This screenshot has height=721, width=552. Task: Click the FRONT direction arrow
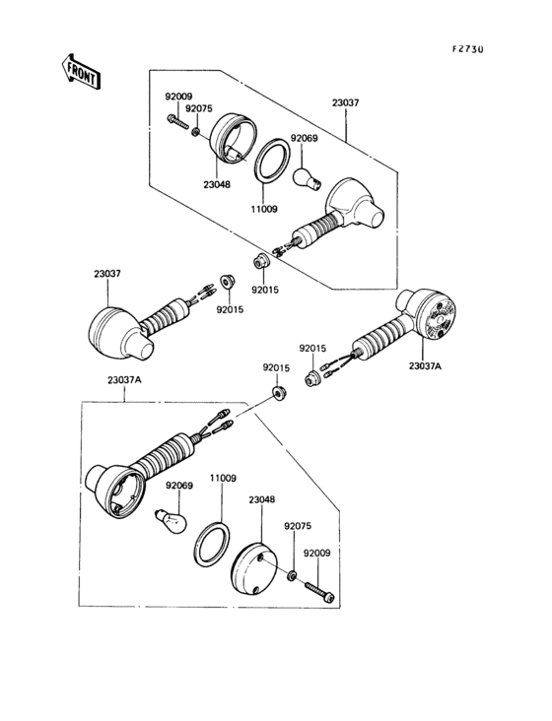click(x=81, y=72)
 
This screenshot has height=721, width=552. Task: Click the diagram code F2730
click(x=467, y=49)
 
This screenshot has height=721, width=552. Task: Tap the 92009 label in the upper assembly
click(x=179, y=97)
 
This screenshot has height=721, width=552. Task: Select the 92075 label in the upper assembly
click(x=199, y=108)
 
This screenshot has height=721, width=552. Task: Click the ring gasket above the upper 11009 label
click(x=272, y=161)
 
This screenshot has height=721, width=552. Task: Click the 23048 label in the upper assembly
click(x=217, y=185)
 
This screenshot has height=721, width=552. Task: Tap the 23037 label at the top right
click(x=345, y=103)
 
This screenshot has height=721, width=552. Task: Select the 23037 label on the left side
click(x=107, y=274)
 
